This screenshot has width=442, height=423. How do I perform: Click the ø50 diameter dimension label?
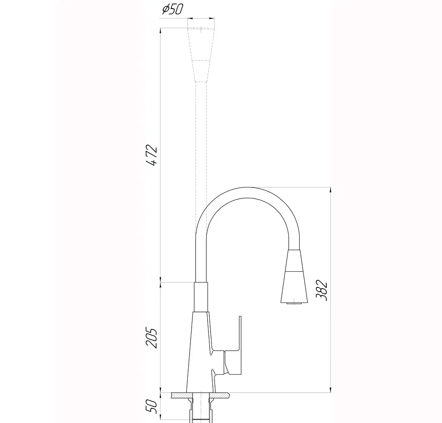[x=173, y=9]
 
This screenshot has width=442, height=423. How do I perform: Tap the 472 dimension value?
[x=152, y=155]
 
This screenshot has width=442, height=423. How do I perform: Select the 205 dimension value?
[x=151, y=338]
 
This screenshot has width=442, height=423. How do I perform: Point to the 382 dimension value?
[x=321, y=290]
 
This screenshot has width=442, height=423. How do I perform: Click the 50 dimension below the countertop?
[x=151, y=406]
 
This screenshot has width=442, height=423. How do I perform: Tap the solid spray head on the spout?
[x=294, y=277]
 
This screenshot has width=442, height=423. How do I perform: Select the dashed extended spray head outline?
[x=201, y=55]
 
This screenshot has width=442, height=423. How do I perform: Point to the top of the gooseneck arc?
[x=247, y=188]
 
